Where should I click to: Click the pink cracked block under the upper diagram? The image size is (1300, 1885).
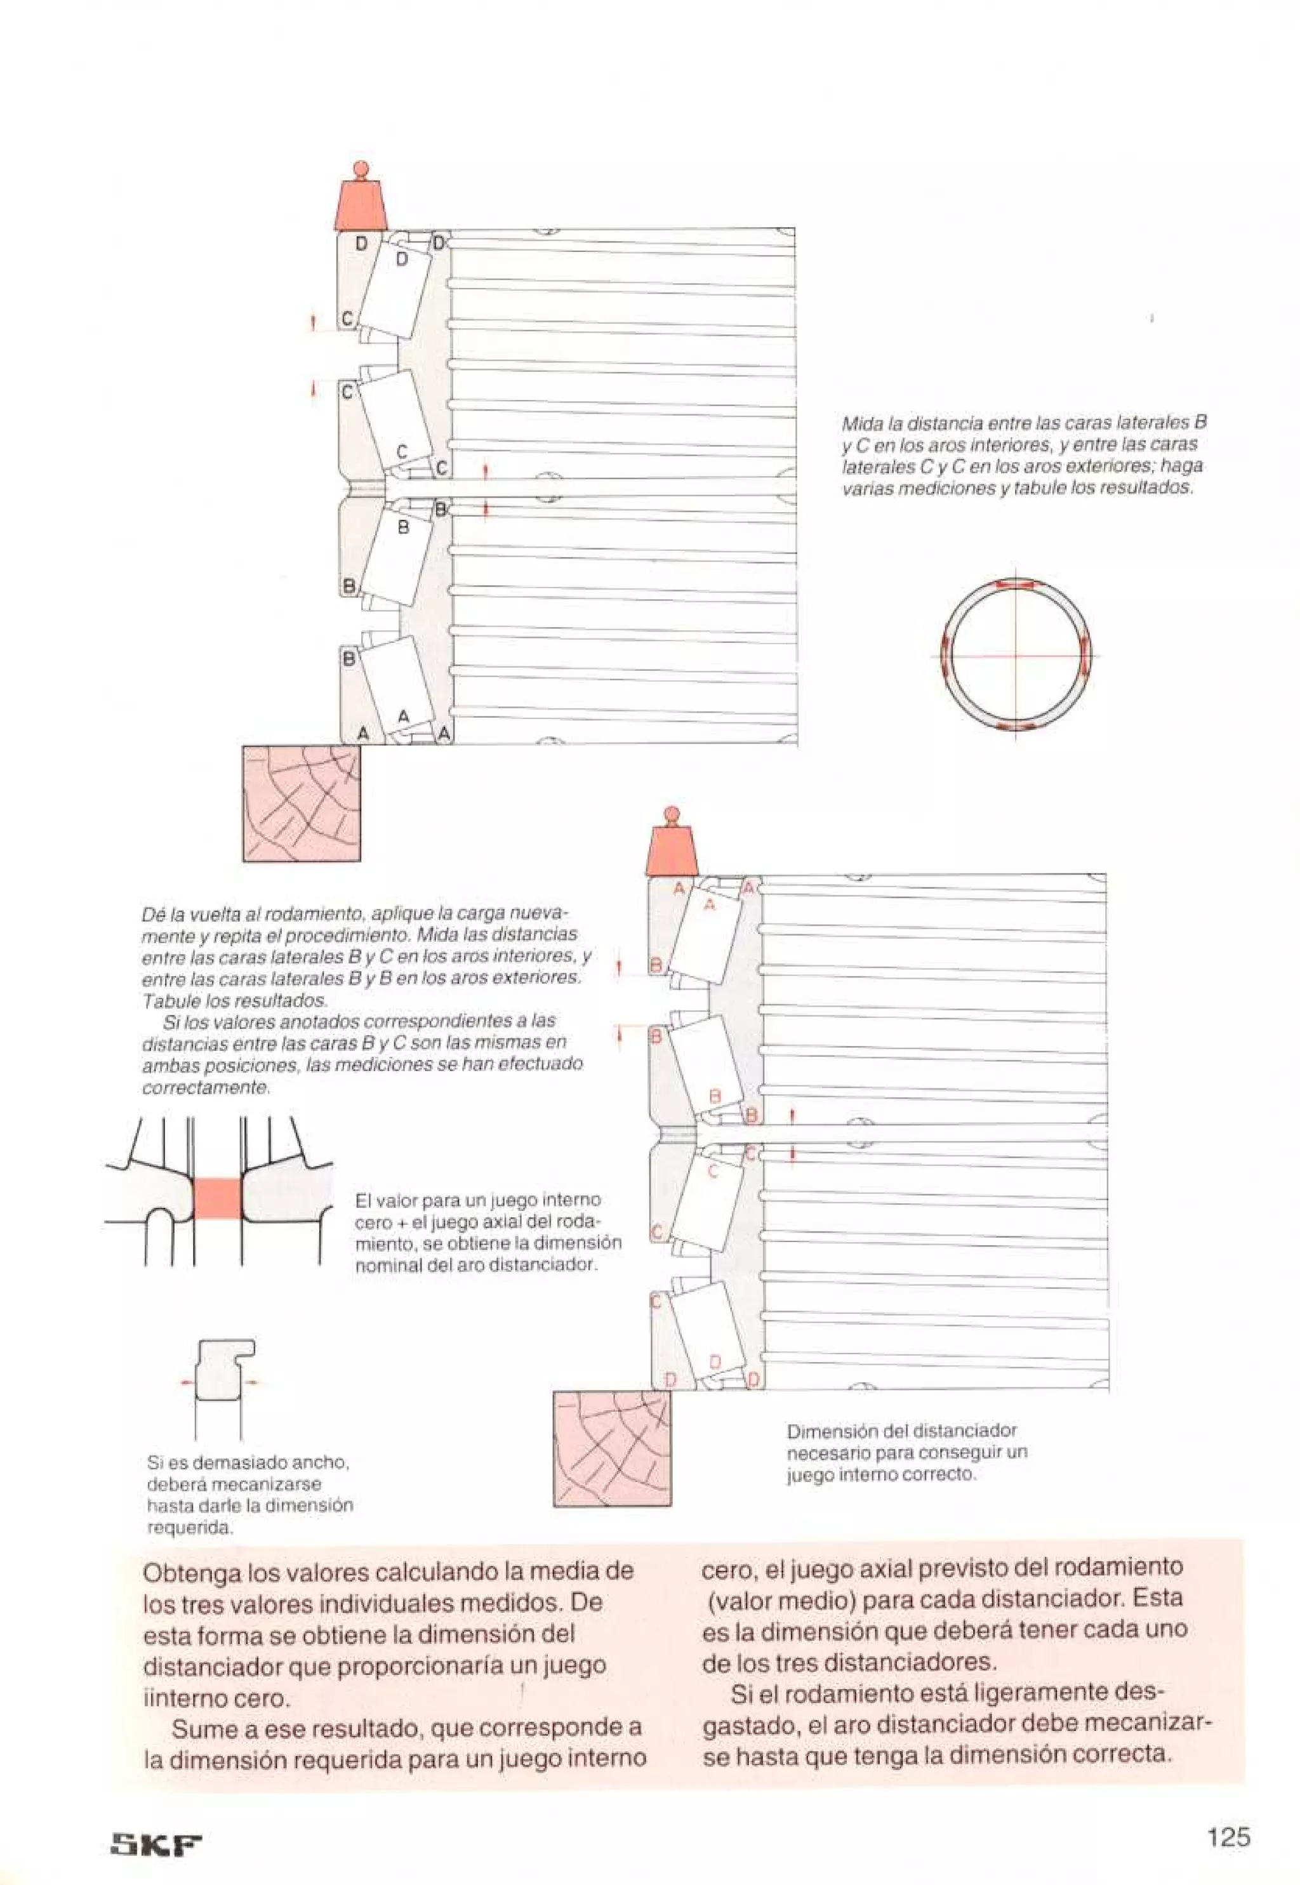pyautogui.click(x=302, y=803)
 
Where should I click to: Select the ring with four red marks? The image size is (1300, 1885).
pyautogui.click(x=1015, y=656)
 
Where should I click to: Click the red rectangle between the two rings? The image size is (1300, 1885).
pyautogui.click(x=218, y=1198)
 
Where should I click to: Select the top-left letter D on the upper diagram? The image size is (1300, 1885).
pyautogui.click(x=361, y=244)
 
